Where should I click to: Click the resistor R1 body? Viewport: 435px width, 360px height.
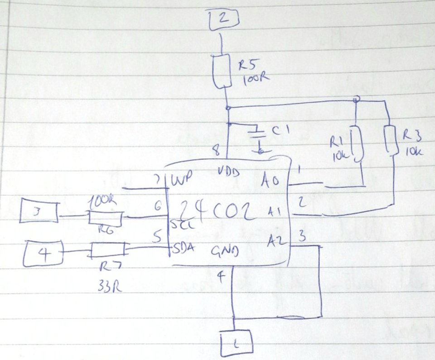click(x=358, y=144)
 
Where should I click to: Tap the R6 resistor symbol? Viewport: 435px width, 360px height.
click(x=105, y=219)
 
